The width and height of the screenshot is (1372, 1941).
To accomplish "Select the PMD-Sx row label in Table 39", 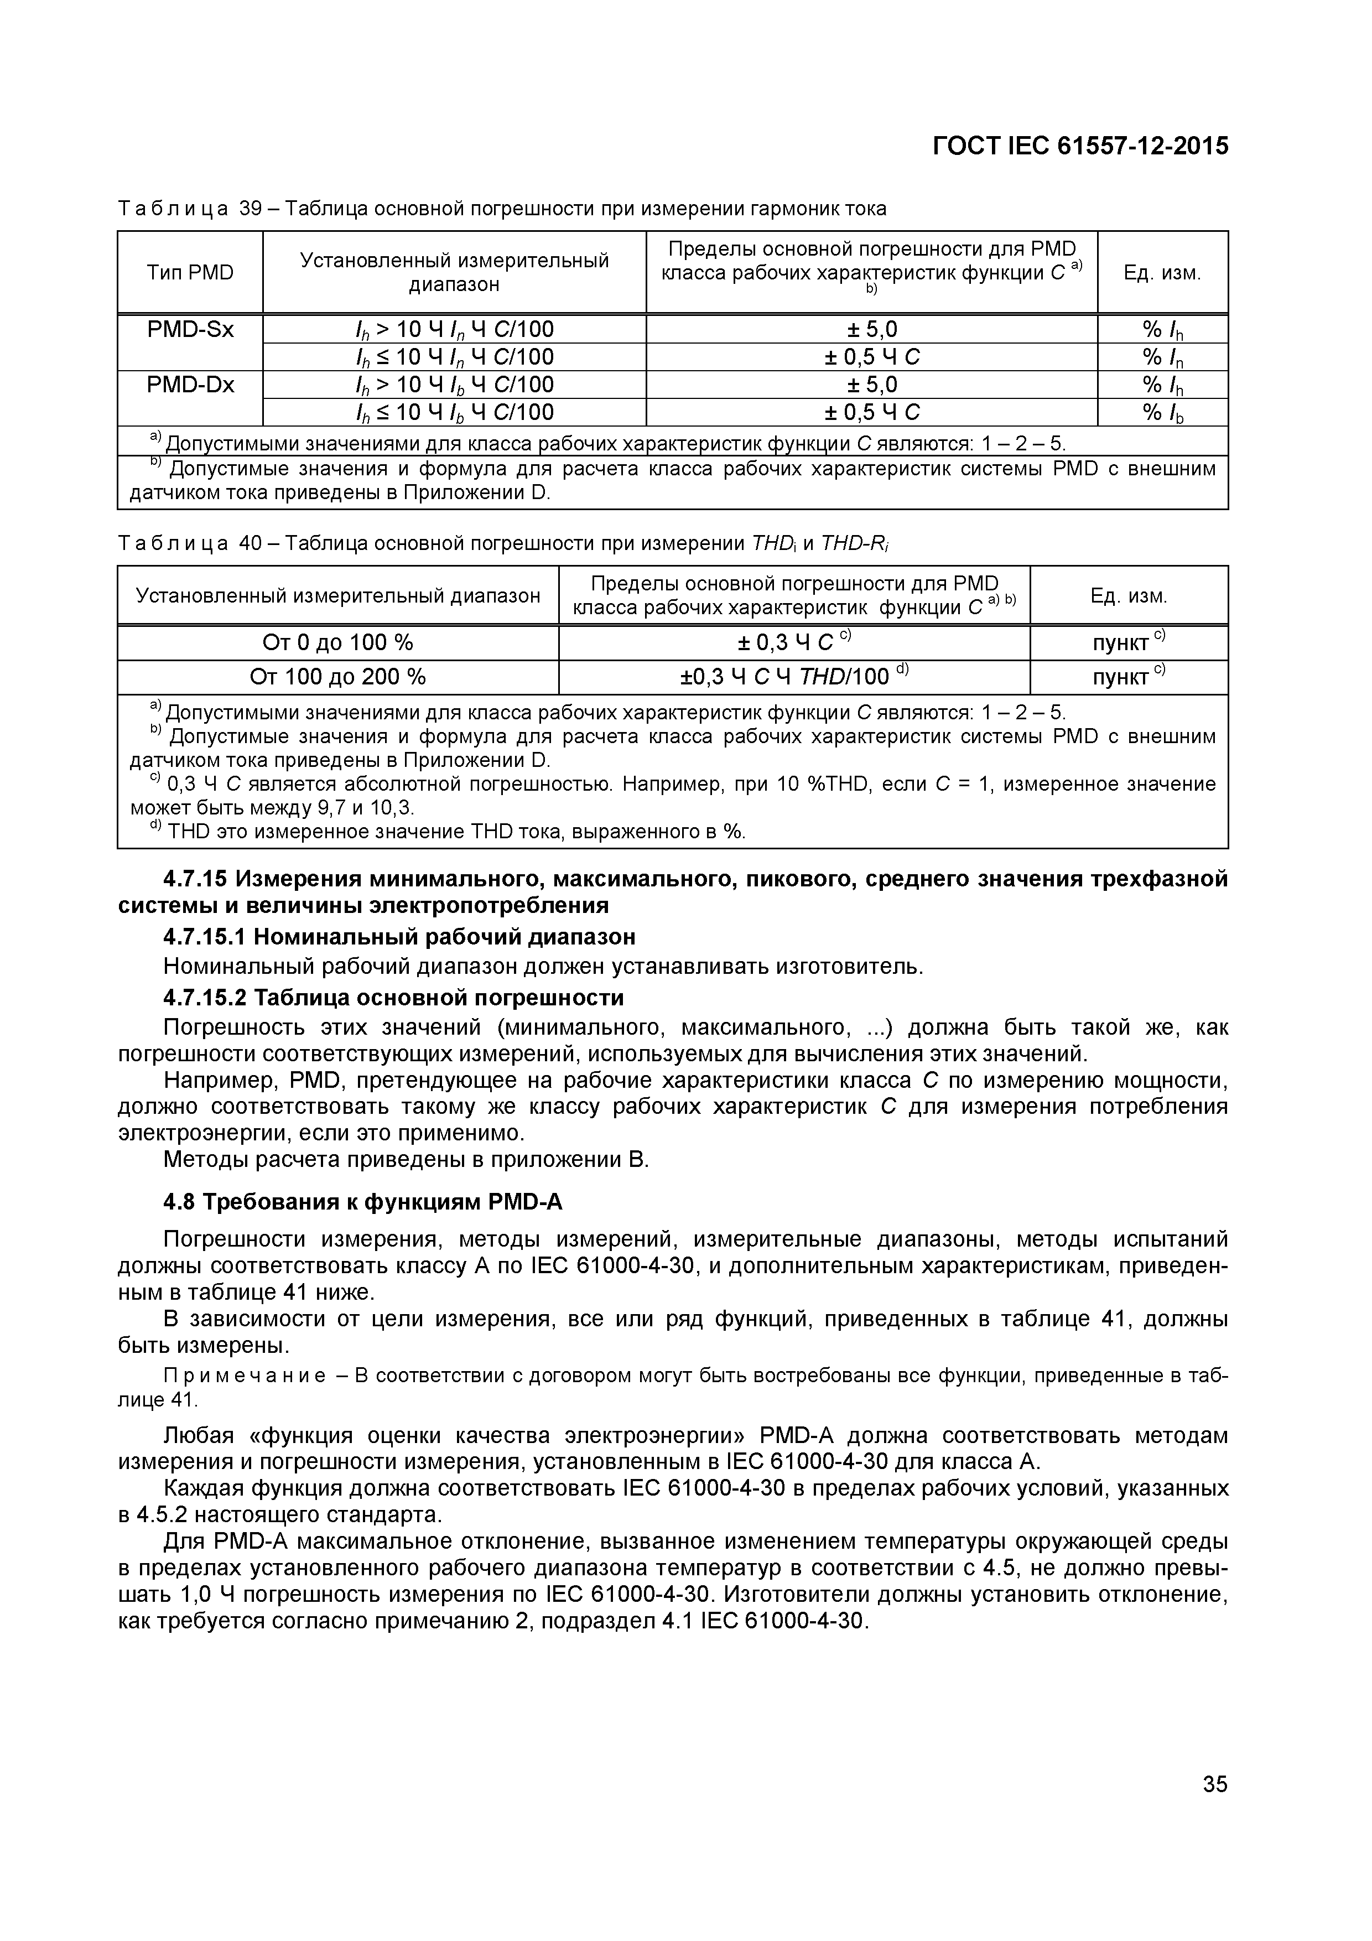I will [190, 329].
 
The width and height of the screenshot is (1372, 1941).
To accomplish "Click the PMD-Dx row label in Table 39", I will [190, 385].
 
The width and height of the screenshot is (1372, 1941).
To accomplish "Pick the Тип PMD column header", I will [190, 272].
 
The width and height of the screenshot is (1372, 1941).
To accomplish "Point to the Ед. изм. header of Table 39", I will [1162, 272].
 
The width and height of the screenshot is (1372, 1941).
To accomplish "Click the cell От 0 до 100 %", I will [337, 642].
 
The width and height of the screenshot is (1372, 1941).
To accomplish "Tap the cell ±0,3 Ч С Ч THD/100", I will [793, 676].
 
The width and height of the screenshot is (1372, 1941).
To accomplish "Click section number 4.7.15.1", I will [205, 937].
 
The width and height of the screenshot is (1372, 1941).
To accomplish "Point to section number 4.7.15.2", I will [205, 998].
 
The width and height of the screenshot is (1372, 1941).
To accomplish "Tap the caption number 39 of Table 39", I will [251, 208].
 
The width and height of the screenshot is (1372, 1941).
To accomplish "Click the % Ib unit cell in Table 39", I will [1162, 413].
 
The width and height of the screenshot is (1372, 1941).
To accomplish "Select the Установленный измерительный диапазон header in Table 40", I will [337, 596].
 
